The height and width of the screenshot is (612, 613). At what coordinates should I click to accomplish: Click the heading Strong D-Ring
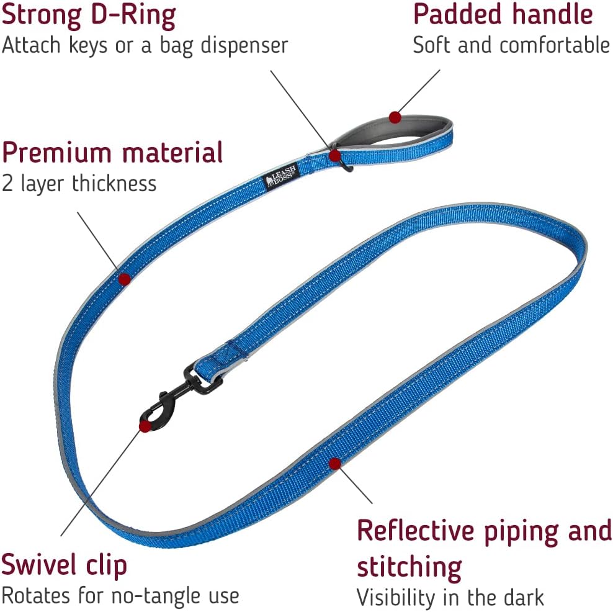pos(88,15)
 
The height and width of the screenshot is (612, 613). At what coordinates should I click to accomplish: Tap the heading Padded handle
pos(503,15)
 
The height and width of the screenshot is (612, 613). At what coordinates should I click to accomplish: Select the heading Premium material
pos(112,153)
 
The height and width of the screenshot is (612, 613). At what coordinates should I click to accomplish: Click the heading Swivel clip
pos(64,565)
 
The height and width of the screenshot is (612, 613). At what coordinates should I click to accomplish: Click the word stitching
pos(409,566)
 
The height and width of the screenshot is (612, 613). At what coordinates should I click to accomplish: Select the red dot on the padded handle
pos(395,116)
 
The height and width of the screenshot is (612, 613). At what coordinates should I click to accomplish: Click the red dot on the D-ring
pos(335,155)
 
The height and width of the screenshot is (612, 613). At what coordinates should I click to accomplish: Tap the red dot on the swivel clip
pos(145,426)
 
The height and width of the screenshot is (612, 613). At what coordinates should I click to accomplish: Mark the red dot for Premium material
pos(124,279)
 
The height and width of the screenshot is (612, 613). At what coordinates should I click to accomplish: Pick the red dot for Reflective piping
pos(335,463)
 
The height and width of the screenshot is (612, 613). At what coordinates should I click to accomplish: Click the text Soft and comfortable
pos(511,45)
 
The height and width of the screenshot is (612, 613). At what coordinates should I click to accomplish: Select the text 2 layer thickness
pos(79,184)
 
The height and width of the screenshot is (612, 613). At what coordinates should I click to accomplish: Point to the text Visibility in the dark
pos(450,597)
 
